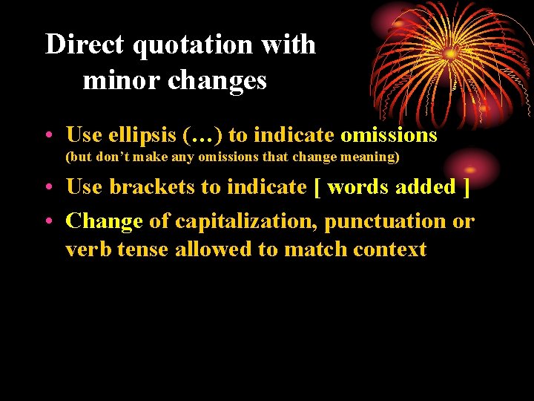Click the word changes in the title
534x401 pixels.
(x=217, y=79)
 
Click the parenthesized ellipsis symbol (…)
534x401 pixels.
(x=202, y=135)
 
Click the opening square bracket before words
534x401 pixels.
(x=317, y=186)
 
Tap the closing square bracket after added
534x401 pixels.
(x=466, y=186)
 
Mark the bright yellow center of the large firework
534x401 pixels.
(x=450, y=53)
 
